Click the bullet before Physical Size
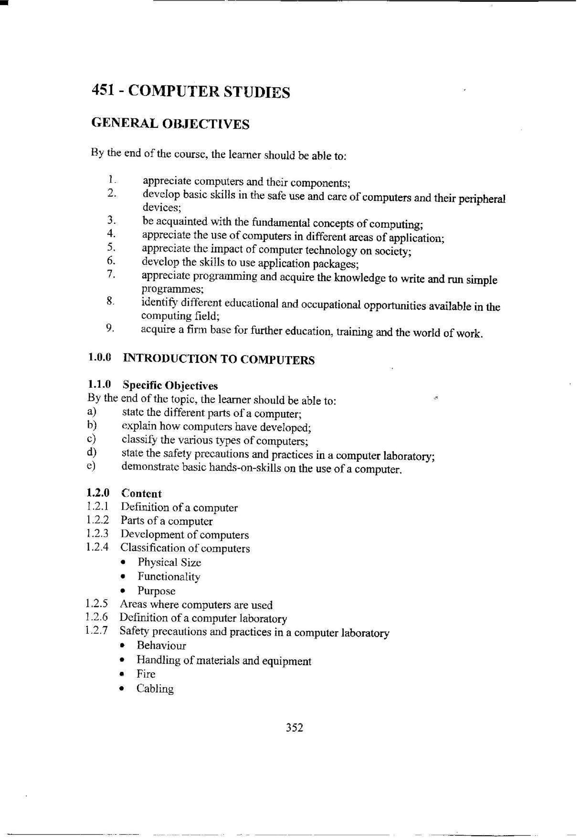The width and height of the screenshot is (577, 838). (124, 563)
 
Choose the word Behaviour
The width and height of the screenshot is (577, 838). (161, 646)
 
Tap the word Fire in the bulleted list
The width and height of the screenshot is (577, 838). (146, 674)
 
